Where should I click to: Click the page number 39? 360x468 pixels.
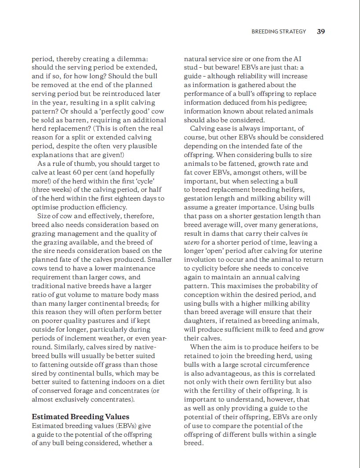[321, 32]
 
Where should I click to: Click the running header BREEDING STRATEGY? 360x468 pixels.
[279, 32]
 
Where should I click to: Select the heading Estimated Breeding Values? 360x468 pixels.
[81, 417]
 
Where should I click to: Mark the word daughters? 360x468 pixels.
[201, 321]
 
